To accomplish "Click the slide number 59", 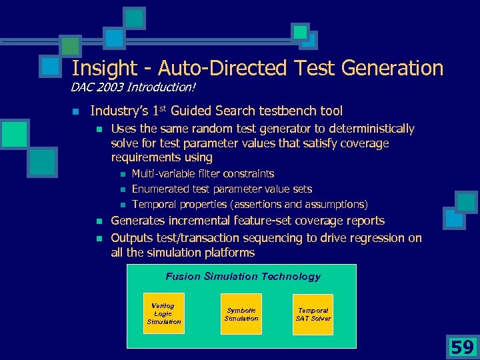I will [462, 347].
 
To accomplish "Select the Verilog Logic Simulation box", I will [163, 313].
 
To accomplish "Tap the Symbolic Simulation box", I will [241, 314].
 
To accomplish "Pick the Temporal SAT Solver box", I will [313, 314].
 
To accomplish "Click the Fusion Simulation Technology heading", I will [243, 276].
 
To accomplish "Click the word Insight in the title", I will [99, 68].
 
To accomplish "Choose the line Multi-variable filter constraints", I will [203, 174].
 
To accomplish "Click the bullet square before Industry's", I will [76, 111].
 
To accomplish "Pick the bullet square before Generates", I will [97, 221].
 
